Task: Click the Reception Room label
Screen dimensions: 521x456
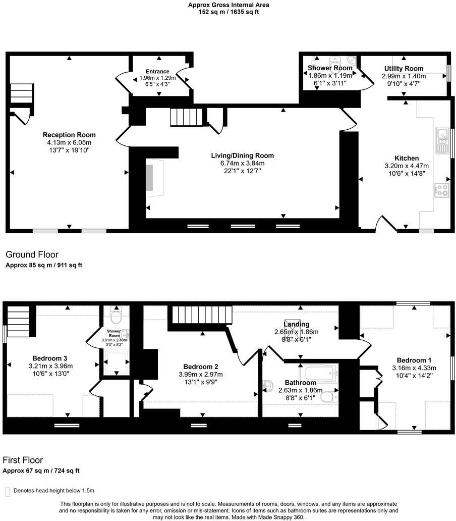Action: click(69, 135)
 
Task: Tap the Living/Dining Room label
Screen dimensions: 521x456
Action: click(243, 155)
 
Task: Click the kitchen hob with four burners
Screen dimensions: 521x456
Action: click(442, 190)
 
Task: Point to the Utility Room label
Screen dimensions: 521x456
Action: click(404, 69)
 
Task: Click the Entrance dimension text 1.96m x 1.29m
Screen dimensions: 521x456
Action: click(157, 78)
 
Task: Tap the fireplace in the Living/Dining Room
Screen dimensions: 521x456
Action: click(150, 177)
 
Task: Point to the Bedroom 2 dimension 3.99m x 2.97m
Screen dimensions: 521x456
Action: click(200, 374)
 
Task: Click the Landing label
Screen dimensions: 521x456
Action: click(296, 324)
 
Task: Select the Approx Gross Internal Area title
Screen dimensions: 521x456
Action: click(229, 5)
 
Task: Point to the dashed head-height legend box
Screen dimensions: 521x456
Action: click(7, 491)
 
